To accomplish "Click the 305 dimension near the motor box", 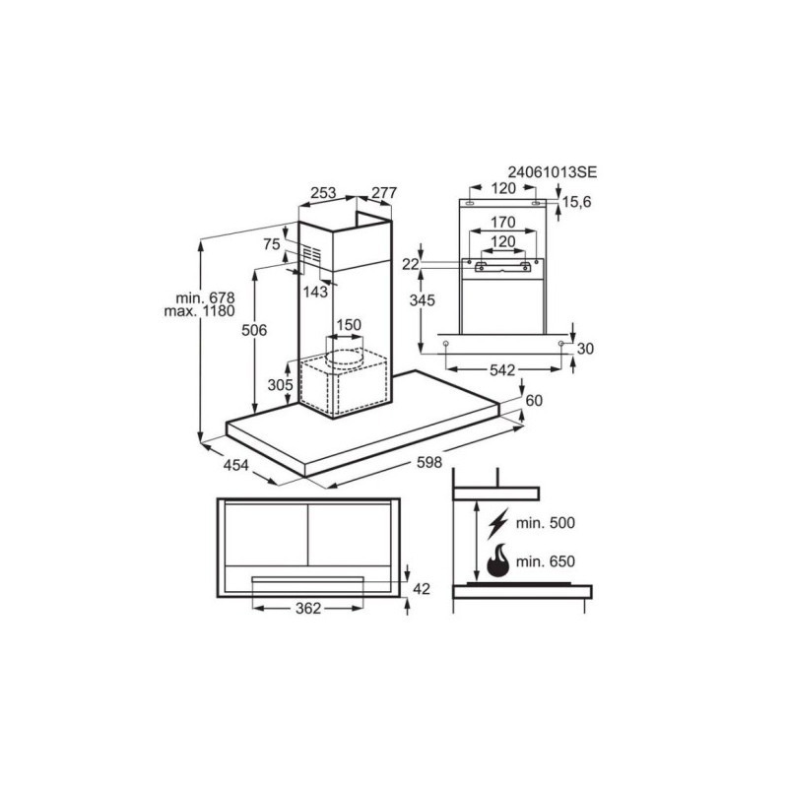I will click(281, 385).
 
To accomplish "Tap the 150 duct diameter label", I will click(349, 325).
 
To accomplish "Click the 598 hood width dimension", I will click(429, 462).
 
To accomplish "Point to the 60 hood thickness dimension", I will click(534, 400).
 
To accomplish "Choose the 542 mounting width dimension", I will click(503, 369).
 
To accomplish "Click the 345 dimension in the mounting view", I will click(423, 301).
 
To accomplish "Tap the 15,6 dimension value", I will click(578, 203).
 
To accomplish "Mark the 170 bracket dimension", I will click(503, 224).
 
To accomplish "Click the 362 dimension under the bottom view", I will click(307, 609).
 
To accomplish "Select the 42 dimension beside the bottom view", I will click(422, 588).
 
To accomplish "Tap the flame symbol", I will click(499, 561).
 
